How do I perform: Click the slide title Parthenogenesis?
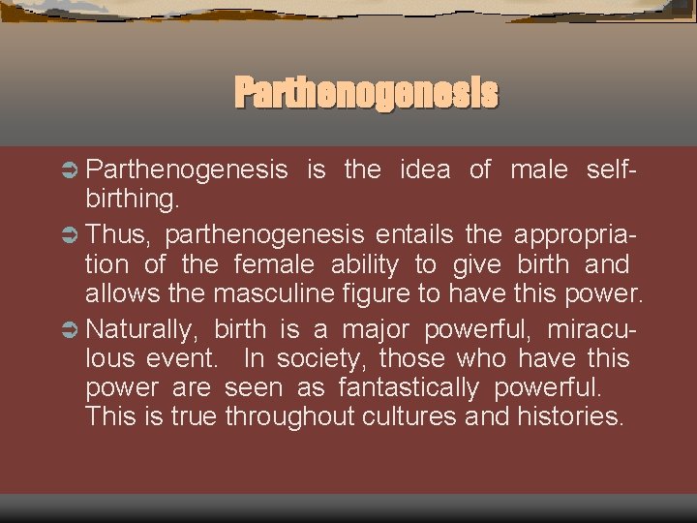[x=367, y=94]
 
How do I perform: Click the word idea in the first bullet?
[x=424, y=170]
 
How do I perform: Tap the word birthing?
[x=133, y=201]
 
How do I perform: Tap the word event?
[x=188, y=358]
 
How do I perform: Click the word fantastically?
[x=409, y=388]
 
